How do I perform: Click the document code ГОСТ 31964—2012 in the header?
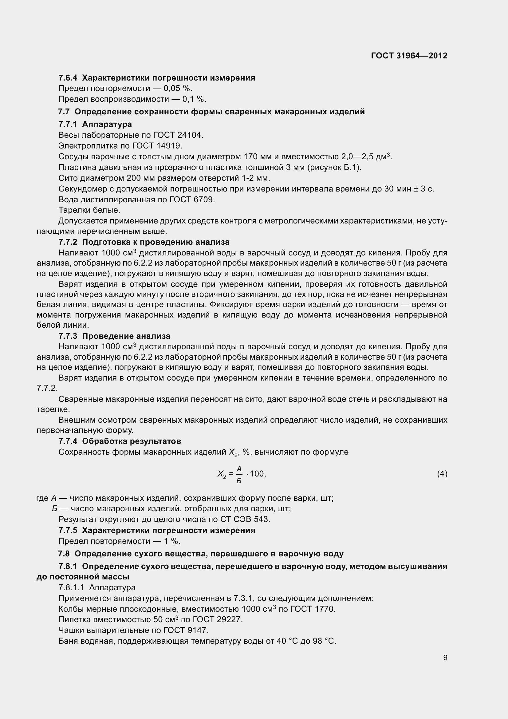point(409,56)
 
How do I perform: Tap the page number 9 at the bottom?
point(445,657)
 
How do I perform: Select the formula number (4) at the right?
point(442,474)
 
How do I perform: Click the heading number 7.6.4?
point(68,78)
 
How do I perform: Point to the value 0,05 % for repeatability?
point(177,89)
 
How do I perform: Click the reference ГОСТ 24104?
point(178,135)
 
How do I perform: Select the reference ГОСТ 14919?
point(157,146)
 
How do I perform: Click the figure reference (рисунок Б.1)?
point(334,167)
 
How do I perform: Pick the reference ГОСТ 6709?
point(192,200)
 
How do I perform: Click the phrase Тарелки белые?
point(89,210)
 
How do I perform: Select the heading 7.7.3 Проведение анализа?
point(114,336)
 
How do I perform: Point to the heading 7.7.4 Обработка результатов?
point(120,441)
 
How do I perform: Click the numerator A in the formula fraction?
point(239,468)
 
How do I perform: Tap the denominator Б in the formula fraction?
point(239,480)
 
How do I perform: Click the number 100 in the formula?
point(257,474)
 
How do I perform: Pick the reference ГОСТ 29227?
point(218,619)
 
